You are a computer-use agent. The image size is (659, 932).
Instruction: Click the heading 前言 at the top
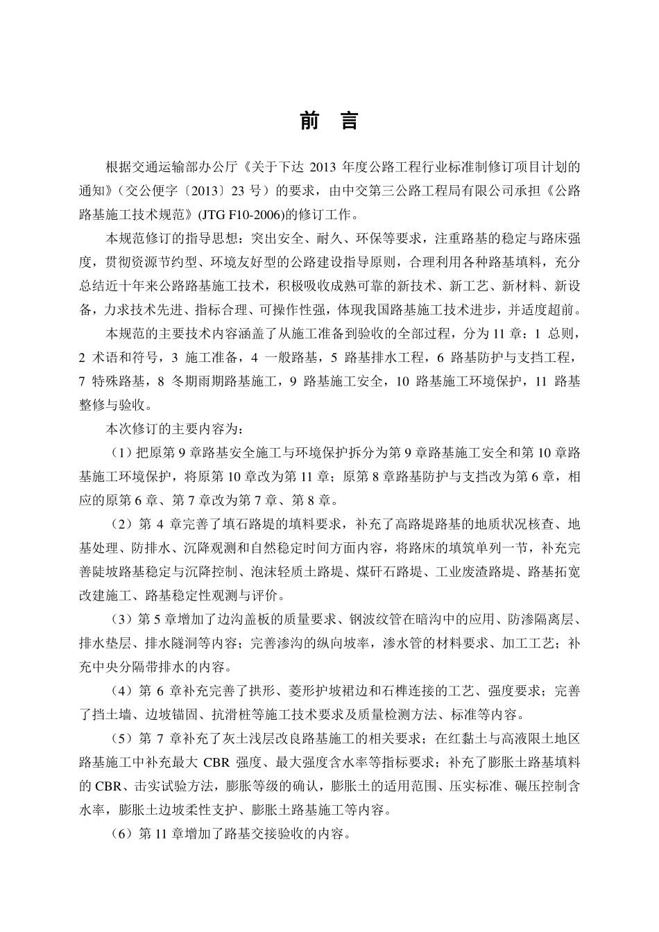[x=329, y=121]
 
